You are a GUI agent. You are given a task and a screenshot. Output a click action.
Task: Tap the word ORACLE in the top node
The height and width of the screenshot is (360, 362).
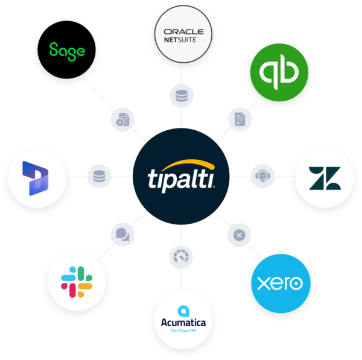(183, 32)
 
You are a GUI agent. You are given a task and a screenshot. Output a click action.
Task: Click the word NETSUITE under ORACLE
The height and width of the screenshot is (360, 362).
(183, 41)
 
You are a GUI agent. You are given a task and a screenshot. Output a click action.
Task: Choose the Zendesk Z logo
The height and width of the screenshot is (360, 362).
(324, 177)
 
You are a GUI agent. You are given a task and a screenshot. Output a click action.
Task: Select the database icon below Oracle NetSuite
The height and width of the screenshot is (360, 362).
(182, 95)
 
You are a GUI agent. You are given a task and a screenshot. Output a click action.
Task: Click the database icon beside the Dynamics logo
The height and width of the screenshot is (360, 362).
(99, 177)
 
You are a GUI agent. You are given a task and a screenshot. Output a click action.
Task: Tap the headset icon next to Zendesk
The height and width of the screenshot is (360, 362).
(262, 176)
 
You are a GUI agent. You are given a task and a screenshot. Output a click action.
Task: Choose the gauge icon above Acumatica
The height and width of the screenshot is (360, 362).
(181, 258)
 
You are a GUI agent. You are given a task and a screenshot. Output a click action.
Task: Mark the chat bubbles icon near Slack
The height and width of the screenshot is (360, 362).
(122, 234)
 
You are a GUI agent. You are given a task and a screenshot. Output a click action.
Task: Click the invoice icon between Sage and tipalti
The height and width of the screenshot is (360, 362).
(122, 119)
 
